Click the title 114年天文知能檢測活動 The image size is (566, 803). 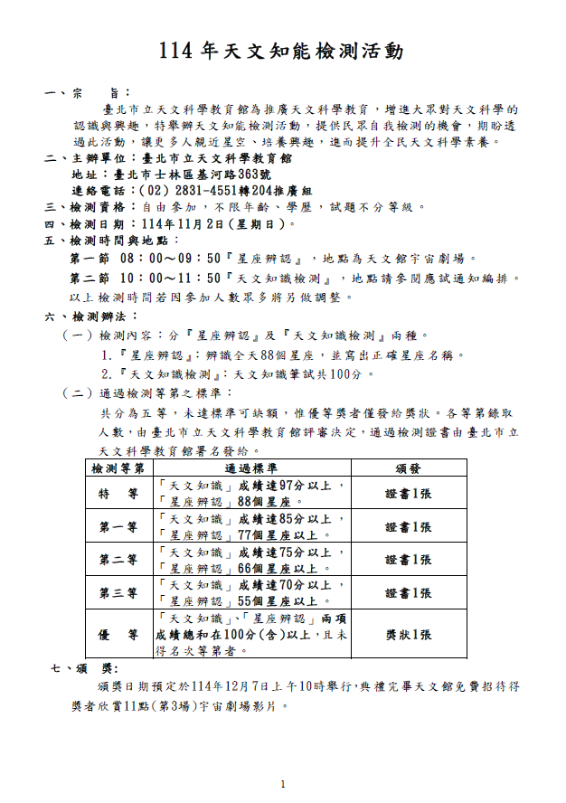coord(281,52)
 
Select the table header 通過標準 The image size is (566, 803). coord(252,468)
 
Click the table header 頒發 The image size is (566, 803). coord(408,468)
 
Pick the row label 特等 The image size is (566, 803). coord(118,493)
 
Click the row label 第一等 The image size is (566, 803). coord(118,527)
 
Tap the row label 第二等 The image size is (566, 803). coord(118,560)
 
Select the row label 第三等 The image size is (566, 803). coord(118,593)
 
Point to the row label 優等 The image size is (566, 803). coord(118,635)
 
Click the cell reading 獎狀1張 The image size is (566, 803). coord(408,635)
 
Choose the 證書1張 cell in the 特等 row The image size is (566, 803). coord(408,493)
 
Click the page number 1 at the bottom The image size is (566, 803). coord(283,783)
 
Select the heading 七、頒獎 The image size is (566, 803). coord(84,668)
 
